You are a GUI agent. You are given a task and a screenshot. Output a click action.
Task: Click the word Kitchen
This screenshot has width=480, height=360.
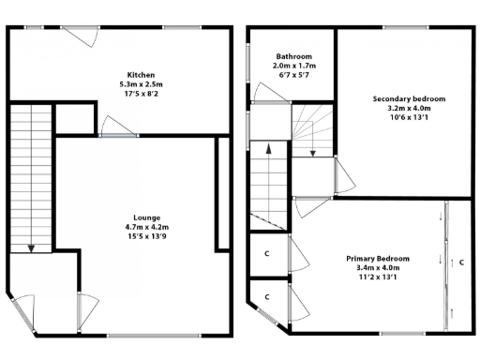click(x=141, y=75)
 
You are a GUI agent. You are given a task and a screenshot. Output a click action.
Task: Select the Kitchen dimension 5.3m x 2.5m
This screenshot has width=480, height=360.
click(x=141, y=84)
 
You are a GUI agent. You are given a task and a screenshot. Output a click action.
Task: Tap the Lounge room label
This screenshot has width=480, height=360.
click(x=146, y=217)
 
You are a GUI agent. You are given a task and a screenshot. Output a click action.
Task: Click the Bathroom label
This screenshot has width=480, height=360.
click(x=293, y=56)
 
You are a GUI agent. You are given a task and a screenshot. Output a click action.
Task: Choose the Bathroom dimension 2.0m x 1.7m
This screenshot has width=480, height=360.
click(x=293, y=67)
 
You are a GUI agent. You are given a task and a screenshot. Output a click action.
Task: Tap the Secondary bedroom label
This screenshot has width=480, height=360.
click(x=408, y=99)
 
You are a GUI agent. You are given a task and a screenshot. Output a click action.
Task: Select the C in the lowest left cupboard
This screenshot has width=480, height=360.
click(x=267, y=297)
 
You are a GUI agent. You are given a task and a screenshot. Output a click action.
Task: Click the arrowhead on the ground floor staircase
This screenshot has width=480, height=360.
click(x=32, y=248)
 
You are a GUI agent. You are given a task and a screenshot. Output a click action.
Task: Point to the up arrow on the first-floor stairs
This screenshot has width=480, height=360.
click(x=268, y=148)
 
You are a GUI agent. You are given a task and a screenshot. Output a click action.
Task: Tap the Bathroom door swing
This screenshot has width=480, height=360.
click(x=263, y=92)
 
